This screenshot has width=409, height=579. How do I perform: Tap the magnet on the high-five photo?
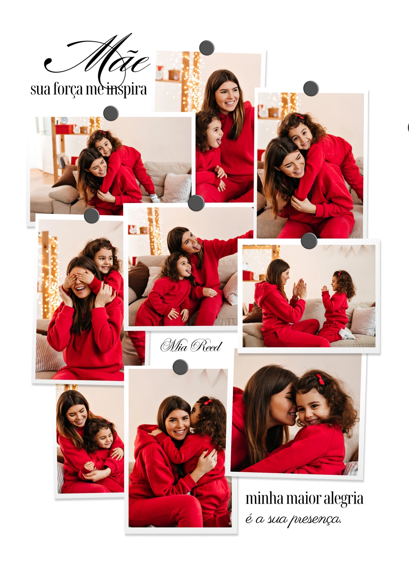tap(309, 240)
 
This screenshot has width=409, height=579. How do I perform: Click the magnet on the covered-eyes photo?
tap(92, 215)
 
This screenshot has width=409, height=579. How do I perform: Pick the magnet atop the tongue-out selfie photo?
tap(196, 203)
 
